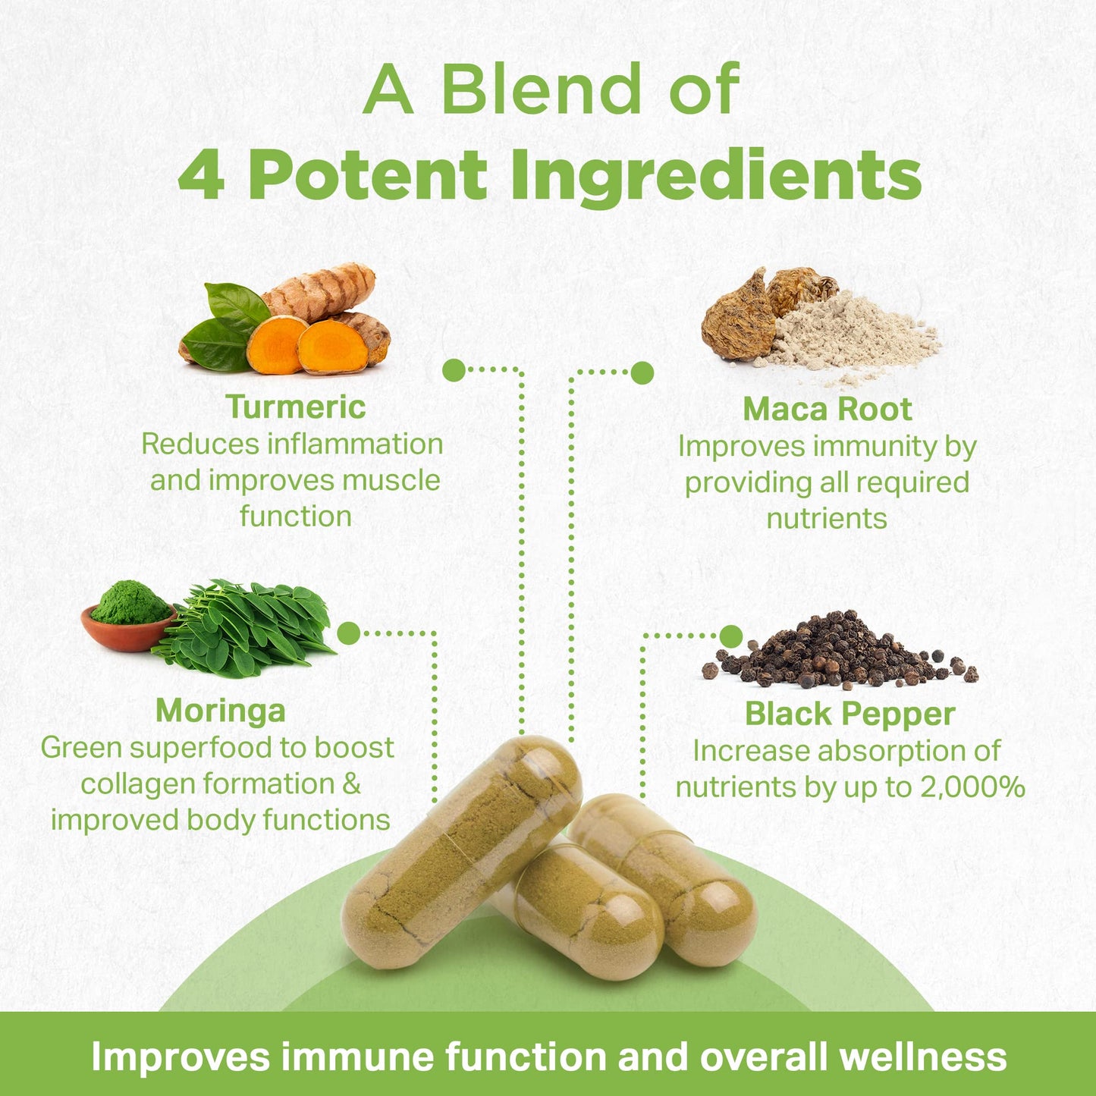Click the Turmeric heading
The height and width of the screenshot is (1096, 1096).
point(296,407)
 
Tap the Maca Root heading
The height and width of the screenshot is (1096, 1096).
point(827,410)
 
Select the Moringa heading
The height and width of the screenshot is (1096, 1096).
point(221,711)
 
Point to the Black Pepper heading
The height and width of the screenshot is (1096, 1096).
point(849,714)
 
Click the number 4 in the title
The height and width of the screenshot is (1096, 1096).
point(202,175)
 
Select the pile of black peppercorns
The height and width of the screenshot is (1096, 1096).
point(838,652)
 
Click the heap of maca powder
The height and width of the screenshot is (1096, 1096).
point(849,334)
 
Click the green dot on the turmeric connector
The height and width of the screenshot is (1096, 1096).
point(454,370)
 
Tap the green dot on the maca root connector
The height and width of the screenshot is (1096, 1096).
point(642,372)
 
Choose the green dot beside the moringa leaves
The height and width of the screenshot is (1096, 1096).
point(348,633)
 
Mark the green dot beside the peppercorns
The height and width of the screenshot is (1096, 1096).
point(731,636)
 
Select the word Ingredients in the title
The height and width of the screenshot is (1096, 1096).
point(716,175)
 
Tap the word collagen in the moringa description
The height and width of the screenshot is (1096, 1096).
point(134,784)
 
